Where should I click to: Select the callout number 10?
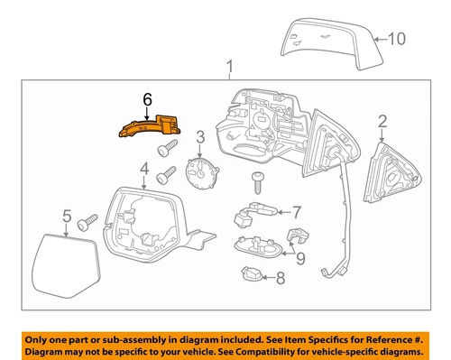(x=397, y=38)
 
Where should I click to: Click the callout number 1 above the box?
(x=230, y=65)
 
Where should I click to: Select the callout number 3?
(x=200, y=137)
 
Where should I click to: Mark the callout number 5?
(x=66, y=215)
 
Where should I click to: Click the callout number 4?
(x=143, y=169)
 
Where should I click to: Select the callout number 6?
(x=148, y=94)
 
